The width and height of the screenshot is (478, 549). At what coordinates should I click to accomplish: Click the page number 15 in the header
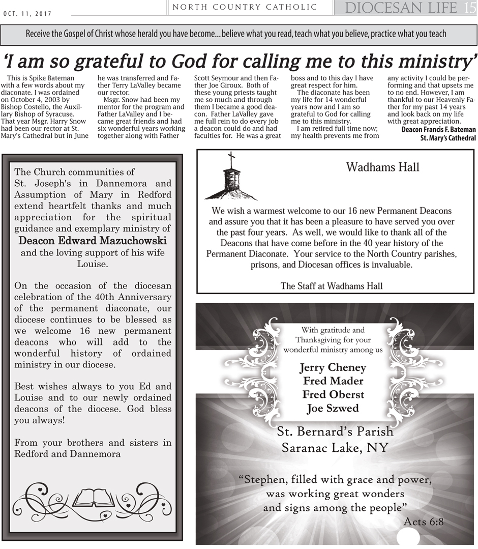pyautogui.click(x=470, y=8)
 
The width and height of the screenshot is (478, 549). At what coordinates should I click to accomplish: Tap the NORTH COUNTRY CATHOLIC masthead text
pyautogui.click(x=245, y=7)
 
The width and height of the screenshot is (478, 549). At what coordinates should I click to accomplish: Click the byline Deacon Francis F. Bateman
pyautogui.click(x=438, y=130)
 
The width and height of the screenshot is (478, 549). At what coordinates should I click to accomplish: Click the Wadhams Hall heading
pyautogui.click(x=382, y=167)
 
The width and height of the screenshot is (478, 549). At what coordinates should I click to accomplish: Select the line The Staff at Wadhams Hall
pyautogui.click(x=332, y=286)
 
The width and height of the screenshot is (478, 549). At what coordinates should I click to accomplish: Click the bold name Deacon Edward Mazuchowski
pyautogui.click(x=93, y=241)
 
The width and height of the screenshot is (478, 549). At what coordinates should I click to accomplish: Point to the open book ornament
pyautogui.click(x=93, y=499)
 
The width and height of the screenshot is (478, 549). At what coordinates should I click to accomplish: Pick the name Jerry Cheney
pyautogui.click(x=333, y=367)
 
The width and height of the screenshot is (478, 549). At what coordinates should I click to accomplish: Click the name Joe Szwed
pyautogui.click(x=333, y=408)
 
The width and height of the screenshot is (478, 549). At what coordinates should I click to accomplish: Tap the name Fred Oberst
pyautogui.click(x=333, y=394)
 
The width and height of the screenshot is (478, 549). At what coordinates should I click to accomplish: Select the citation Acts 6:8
pyautogui.click(x=424, y=522)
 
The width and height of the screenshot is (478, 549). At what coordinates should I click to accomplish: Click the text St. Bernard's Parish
pyautogui.click(x=335, y=431)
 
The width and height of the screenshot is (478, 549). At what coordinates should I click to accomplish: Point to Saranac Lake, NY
pyautogui.click(x=335, y=448)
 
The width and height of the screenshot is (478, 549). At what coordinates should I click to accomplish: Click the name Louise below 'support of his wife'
pyautogui.click(x=93, y=264)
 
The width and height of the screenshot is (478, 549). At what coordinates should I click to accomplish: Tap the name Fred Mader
pyautogui.click(x=333, y=381)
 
